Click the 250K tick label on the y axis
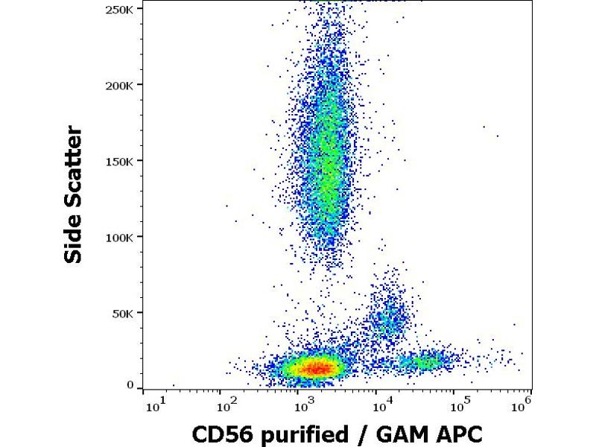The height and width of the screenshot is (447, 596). pyautogui.click(x=119, y=10)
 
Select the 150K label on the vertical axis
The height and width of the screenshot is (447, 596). pyautogui.click(x=119, y=161)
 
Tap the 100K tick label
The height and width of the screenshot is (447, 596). pyautogui.click(x=119, y=237)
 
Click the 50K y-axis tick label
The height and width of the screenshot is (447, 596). pyautogui.click(x=122, y=313)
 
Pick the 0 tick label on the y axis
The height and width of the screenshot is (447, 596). pyautogui.click(x=130, y=384)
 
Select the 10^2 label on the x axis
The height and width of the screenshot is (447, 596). pyautogui.click(x=225, y=405)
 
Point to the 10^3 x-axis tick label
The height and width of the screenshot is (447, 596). pyautogui.click(x=303, y=405)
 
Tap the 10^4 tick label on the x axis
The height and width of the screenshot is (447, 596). pyautogui.click(x=381, y=405)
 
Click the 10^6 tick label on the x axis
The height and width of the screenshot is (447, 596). pyautogui.click(x=521, y=405)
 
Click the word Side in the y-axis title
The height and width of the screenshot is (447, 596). pyautogui.click(x=74, y=241)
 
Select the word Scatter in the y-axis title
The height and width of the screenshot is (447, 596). pyautogui.click(x=74, y=168)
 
